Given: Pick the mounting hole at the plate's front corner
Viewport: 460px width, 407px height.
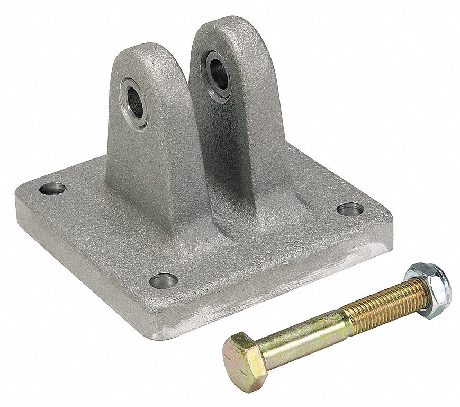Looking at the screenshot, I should pos(163,280).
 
